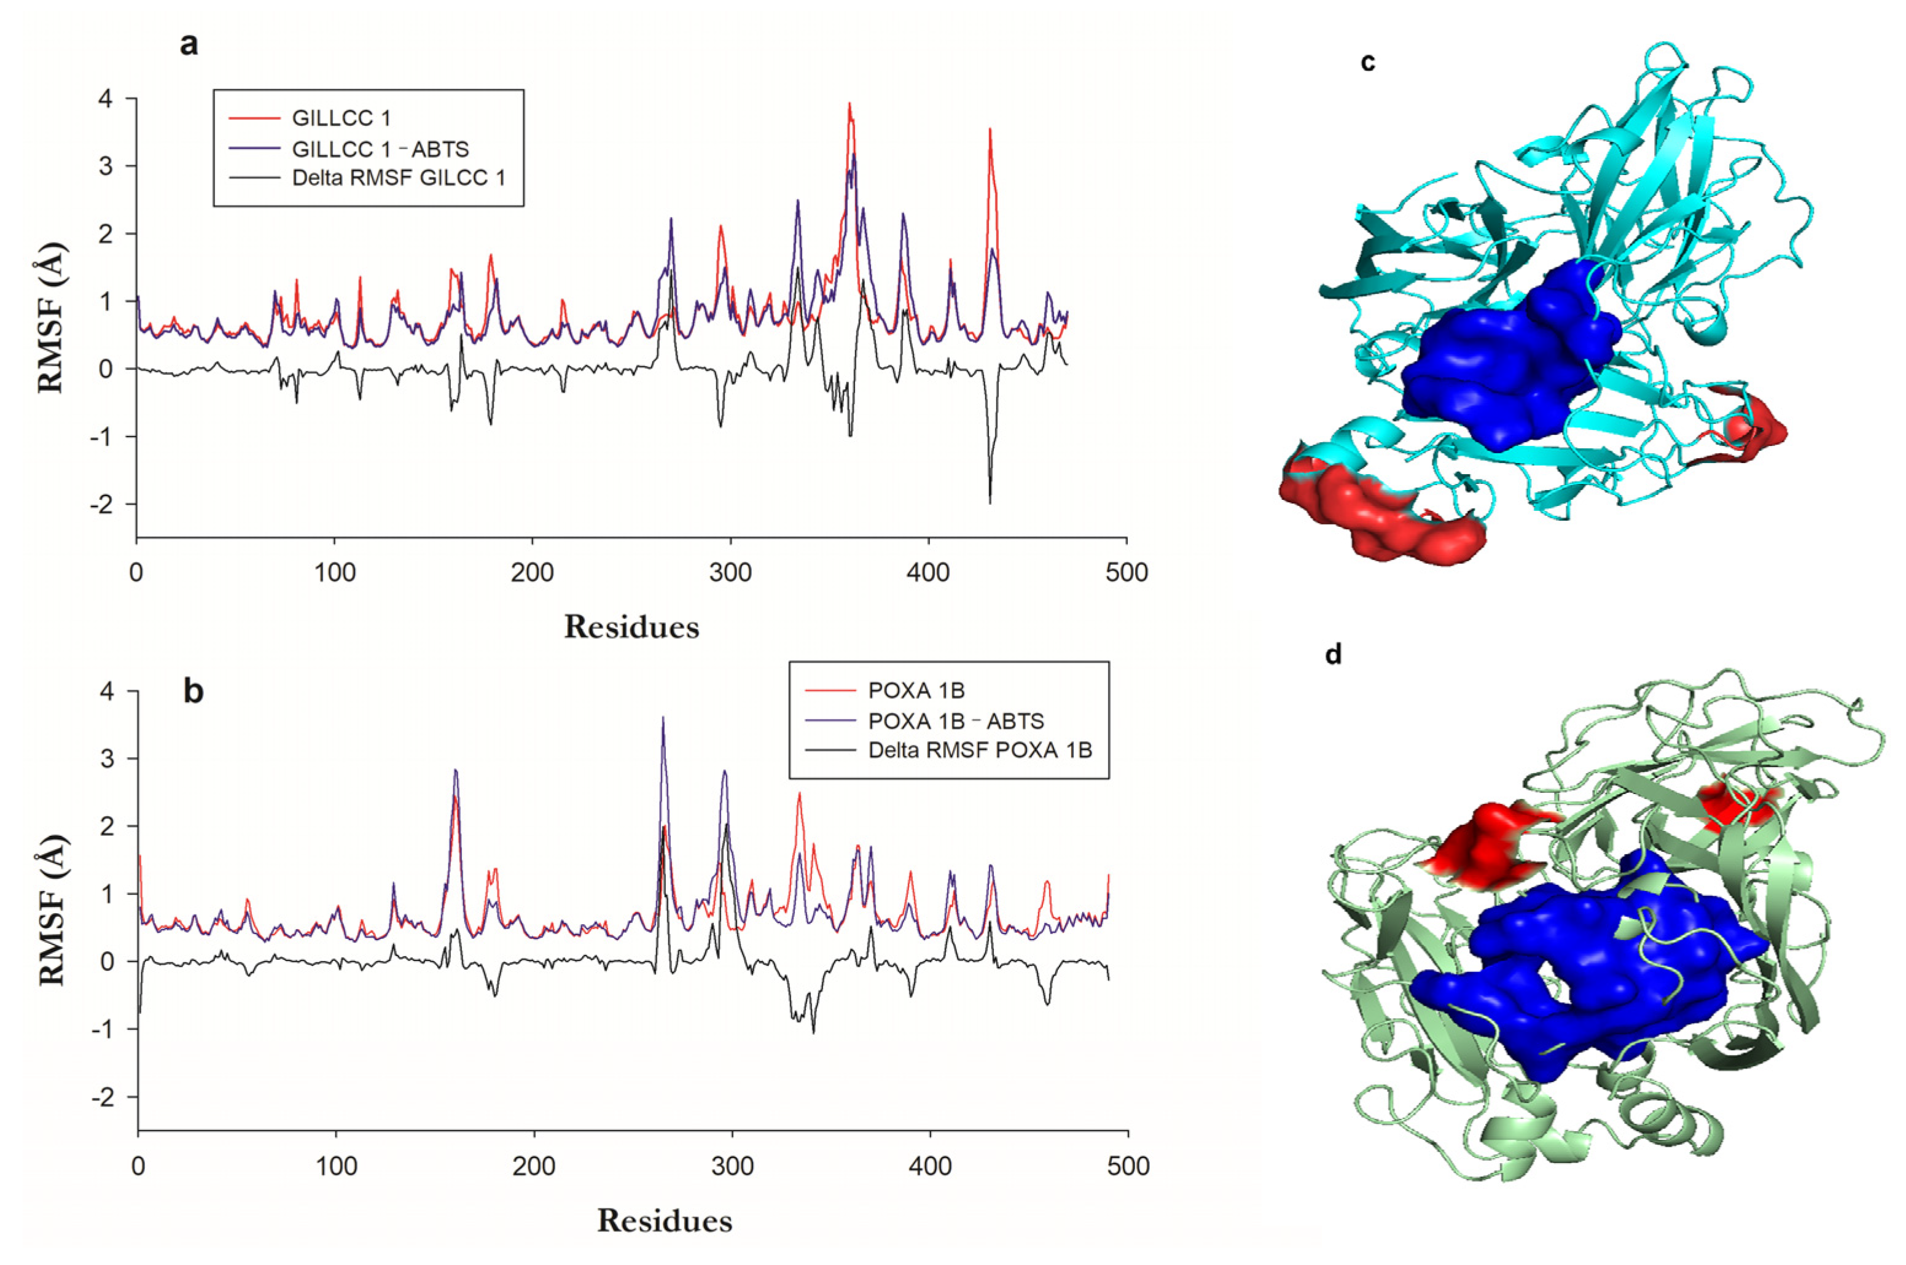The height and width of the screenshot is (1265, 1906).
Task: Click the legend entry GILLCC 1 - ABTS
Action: click(x=379, y=149)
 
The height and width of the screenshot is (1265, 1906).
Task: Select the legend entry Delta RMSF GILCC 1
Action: click(x=398, y=177)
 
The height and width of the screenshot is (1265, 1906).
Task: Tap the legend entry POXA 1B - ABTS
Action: click(x=955, y=720)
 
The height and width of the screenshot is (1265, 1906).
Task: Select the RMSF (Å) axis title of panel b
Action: click(x=52, y=909)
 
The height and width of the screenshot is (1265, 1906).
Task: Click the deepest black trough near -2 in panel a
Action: click(x=990, y=501)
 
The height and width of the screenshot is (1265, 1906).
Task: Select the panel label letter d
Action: click(x=1333, y=654)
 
